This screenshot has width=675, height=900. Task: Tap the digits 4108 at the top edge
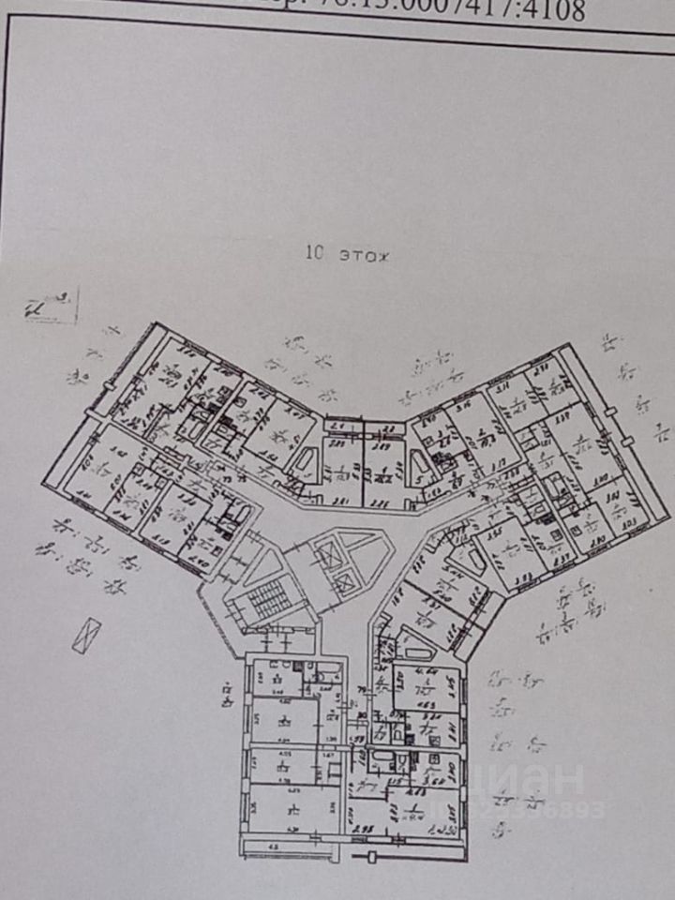pos(554,9)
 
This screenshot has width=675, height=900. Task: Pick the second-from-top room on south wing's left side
pos(286,722)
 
